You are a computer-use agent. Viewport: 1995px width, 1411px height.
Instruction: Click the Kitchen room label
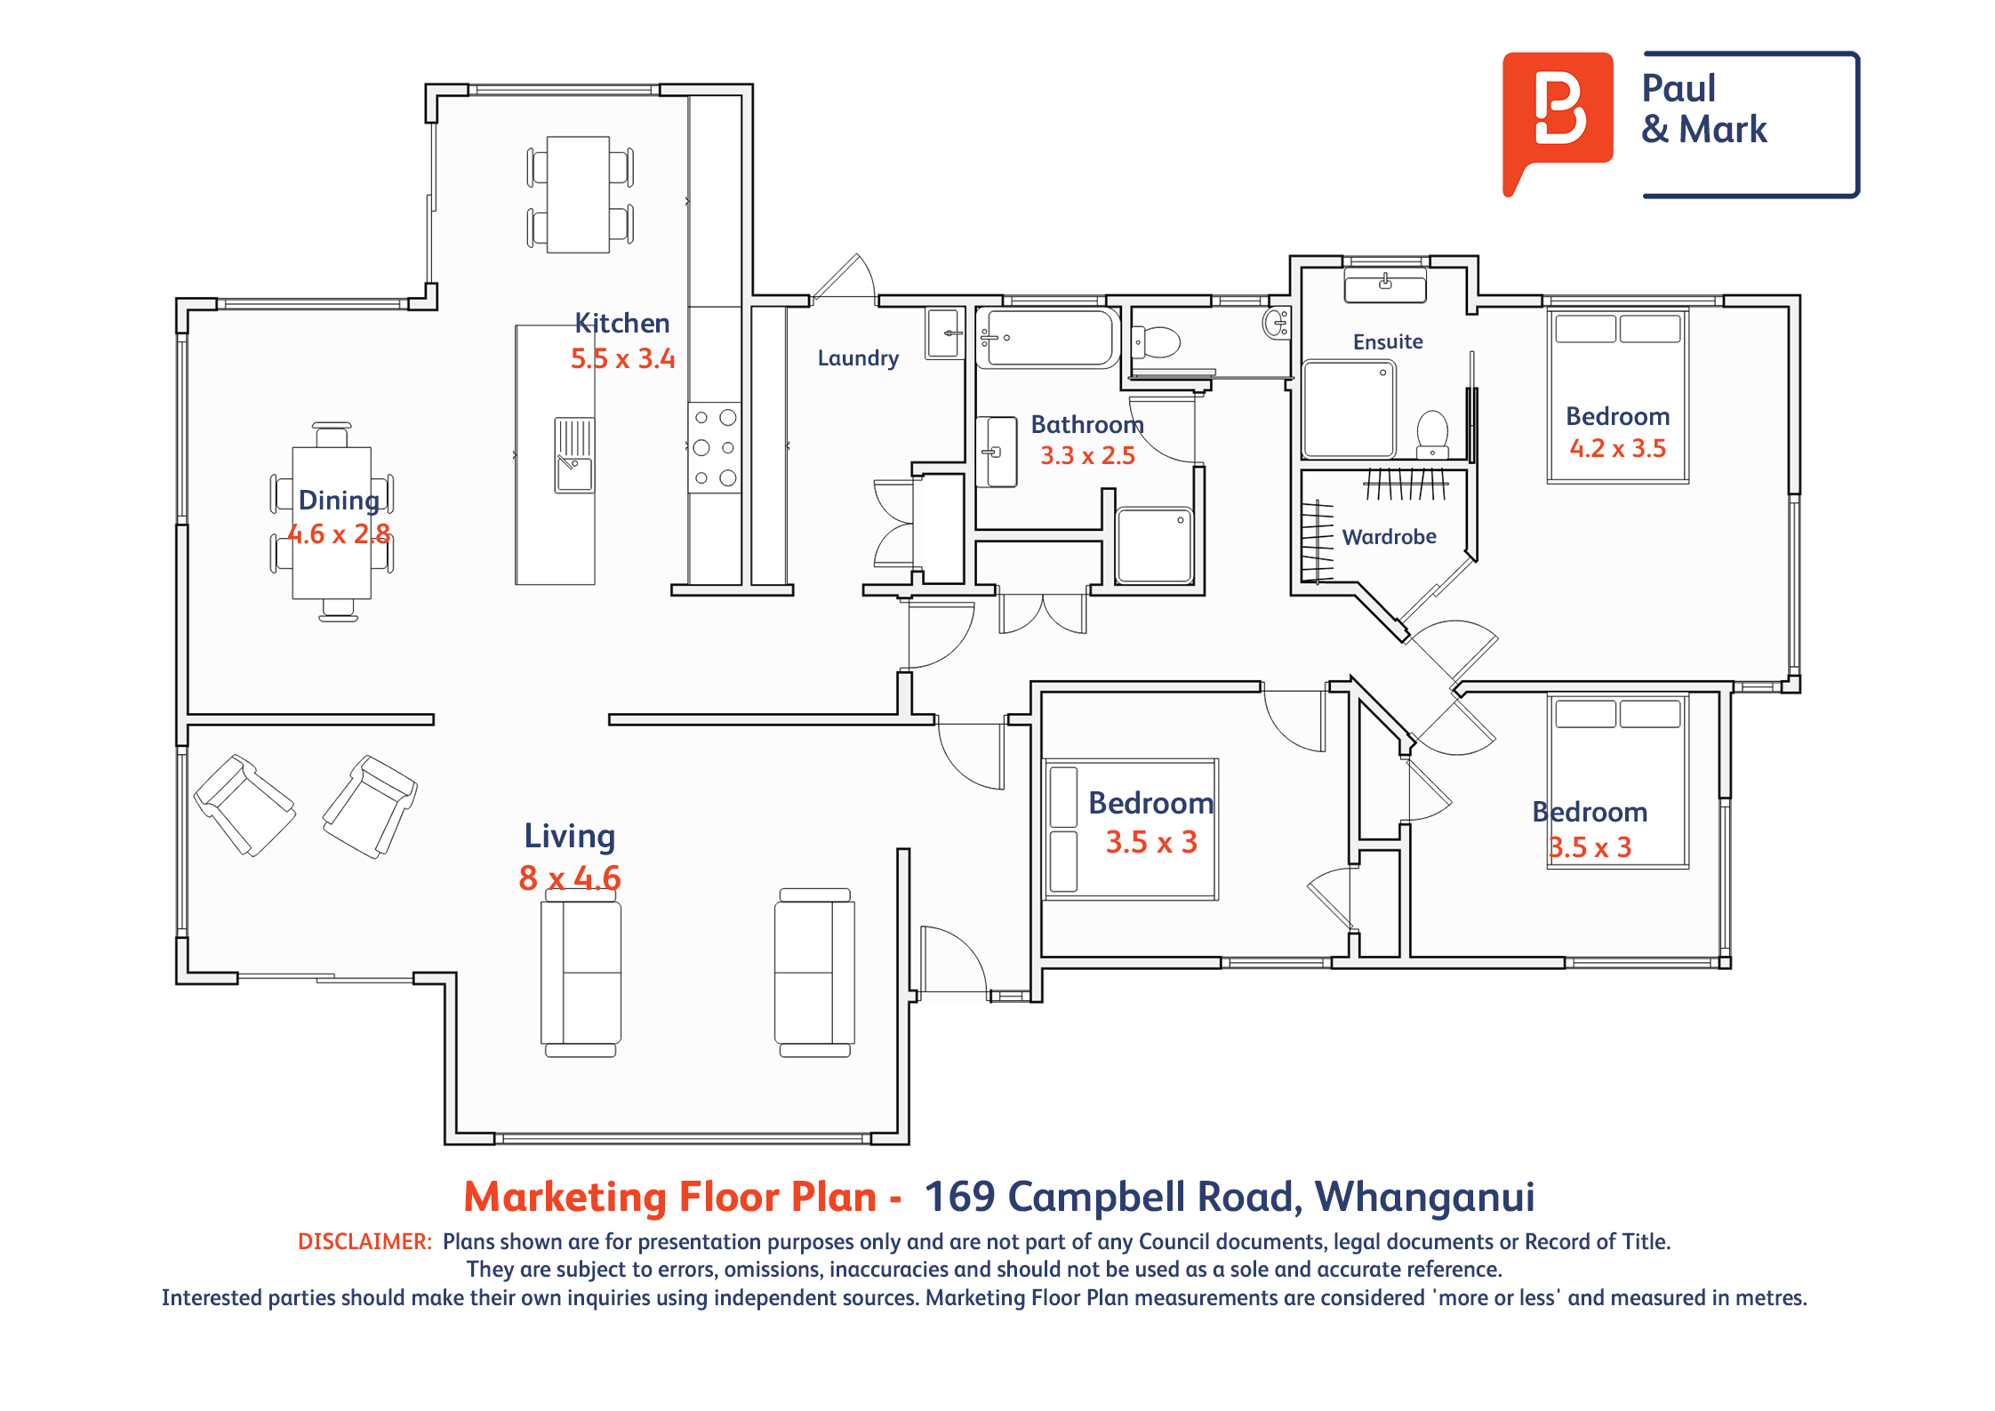(x=622, y=323)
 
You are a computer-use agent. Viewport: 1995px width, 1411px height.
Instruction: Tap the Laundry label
(x=858, y=358)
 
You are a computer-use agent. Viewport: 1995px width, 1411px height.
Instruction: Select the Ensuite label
(x=1388, y=341)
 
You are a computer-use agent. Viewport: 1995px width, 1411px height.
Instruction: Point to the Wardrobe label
(x=1390, y=537)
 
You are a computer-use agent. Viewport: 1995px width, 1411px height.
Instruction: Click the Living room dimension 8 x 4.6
(x=570, y=878)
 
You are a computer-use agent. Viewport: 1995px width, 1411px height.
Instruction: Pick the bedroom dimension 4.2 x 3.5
(x=1618, y=448)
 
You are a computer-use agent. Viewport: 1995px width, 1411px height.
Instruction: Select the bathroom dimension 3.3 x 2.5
(x=1088, y=456)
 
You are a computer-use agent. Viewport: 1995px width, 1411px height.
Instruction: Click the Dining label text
(x=340, y=501)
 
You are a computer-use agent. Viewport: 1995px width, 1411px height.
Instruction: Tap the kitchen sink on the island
(x=574, y=454)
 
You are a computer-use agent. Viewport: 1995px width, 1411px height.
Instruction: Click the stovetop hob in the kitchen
(x=715, y=447)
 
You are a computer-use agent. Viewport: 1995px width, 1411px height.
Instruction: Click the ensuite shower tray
(x=1349, y=409)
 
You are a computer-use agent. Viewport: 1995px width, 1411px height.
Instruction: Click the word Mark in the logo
(x=1723, y=130)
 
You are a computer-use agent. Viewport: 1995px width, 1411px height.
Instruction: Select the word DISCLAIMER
(x=365, y=1241)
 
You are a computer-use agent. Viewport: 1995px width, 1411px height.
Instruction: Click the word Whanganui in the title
(x=1425, y=1198)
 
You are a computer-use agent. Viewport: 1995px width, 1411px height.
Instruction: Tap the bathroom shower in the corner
(x=1155, y=545)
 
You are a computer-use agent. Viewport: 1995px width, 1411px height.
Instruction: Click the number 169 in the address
(x=960, y=1197)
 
